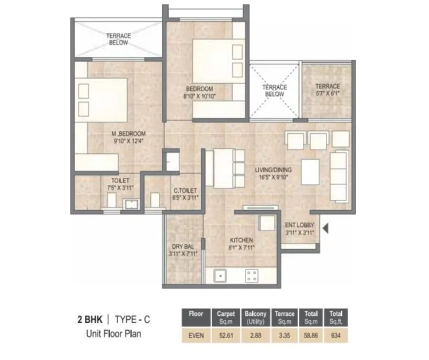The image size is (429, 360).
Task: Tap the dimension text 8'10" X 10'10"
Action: click(x=199, y=97)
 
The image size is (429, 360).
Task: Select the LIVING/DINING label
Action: click(x=273, y=169)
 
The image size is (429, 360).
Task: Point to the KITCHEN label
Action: click(x=241, y=240)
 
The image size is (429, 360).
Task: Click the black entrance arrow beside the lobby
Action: click(x=325, y=229)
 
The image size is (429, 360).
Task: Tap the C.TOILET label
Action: click(x=185, y=190)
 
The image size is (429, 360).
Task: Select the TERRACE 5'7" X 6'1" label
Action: click(x=327, y=87)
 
